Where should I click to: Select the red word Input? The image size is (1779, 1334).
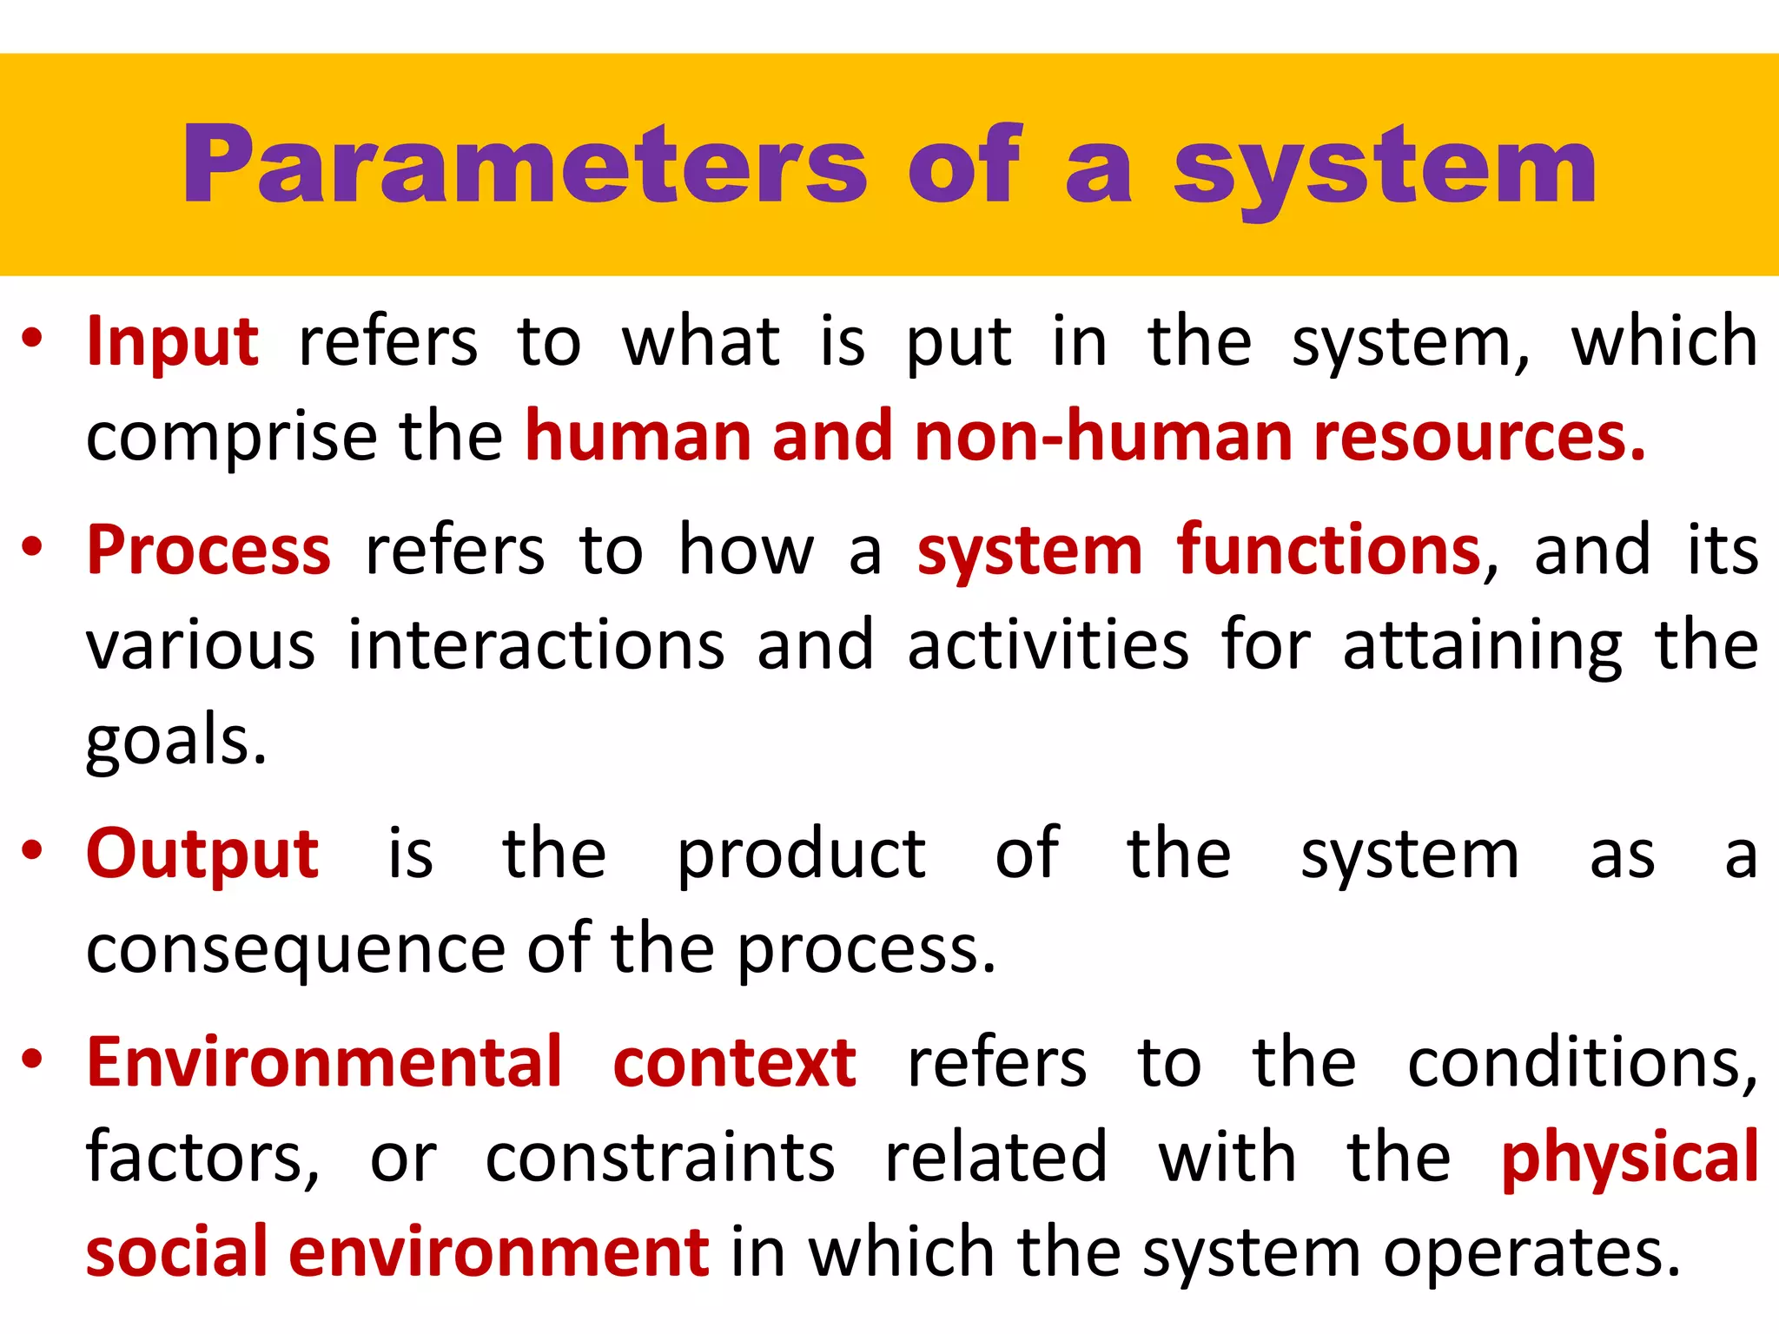(x=172, y=341)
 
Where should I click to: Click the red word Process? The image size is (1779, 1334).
(x=208, y=551)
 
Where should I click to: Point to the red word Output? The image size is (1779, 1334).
(x=202, y=855)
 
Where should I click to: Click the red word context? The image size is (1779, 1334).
(x=735, y=1062)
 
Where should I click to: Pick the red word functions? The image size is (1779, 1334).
(x=1329, y=551)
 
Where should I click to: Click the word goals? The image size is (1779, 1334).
(x=175, y=742)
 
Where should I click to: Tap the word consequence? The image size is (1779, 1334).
(x=296, y=949)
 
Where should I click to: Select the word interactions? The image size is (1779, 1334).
(x=536, y=645)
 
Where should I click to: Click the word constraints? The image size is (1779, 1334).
(x=660, y=1158)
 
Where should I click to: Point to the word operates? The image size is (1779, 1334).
(x=1532, y=1254)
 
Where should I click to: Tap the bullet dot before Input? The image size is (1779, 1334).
(x=32, y=338)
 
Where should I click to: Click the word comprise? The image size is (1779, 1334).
(x=231, y=438)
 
